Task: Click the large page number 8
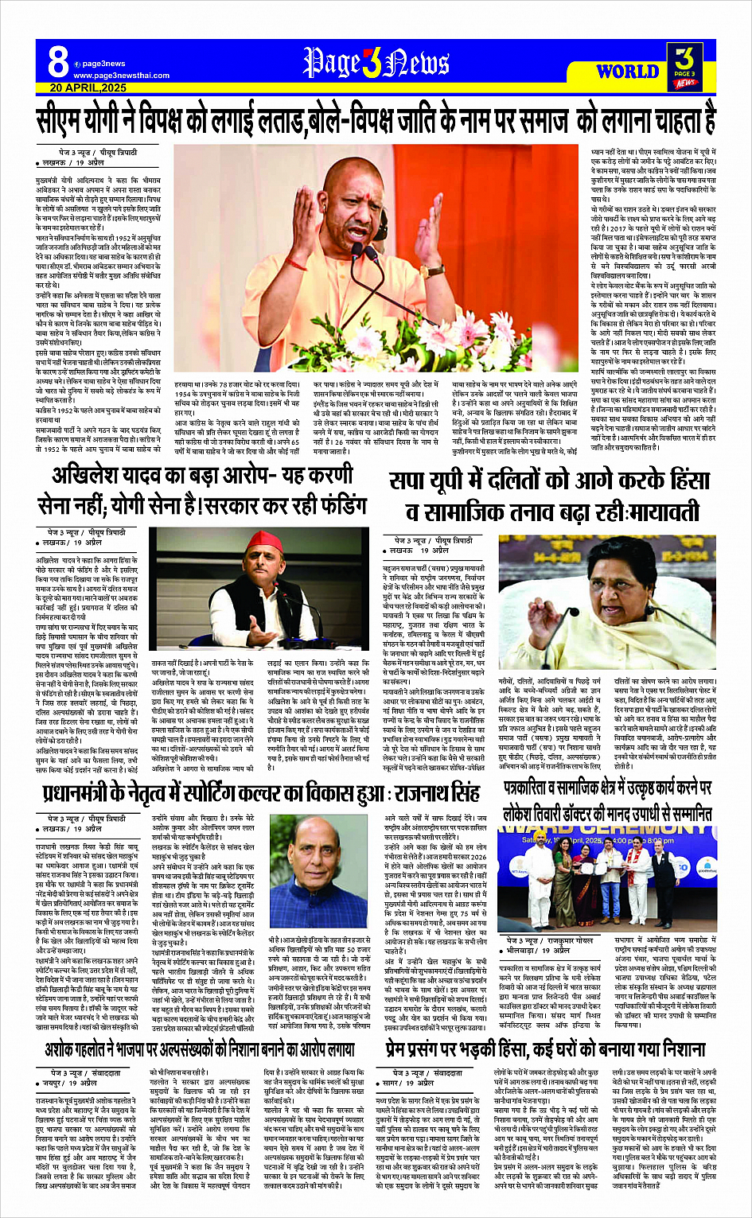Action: coord(57,62)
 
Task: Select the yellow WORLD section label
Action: coord(627,72)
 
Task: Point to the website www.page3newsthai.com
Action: coord(121,76)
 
